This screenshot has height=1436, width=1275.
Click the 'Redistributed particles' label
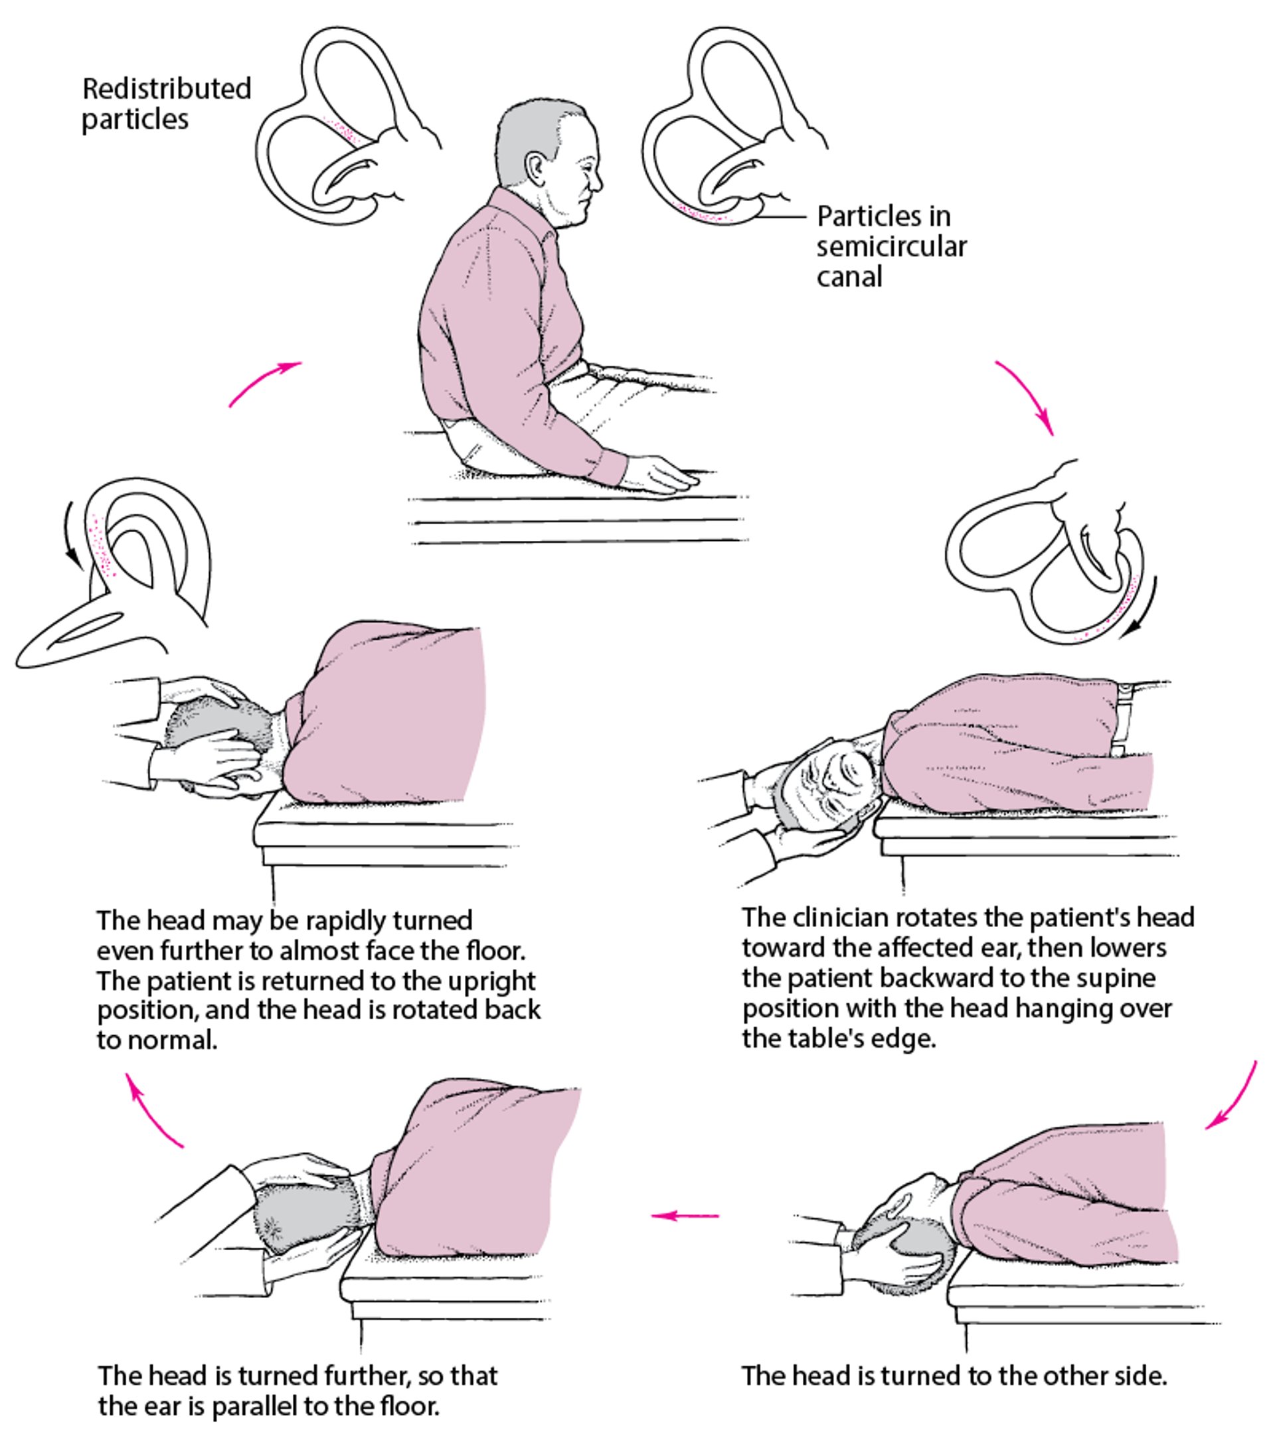(166, 104)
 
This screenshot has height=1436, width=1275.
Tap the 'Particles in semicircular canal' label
(891, 247)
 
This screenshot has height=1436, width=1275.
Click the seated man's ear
(535, 169)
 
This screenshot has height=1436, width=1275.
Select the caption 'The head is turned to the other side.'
(954, 1376)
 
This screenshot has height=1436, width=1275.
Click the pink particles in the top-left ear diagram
(344, 131)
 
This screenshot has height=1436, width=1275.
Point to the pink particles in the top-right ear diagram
(699, 213)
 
